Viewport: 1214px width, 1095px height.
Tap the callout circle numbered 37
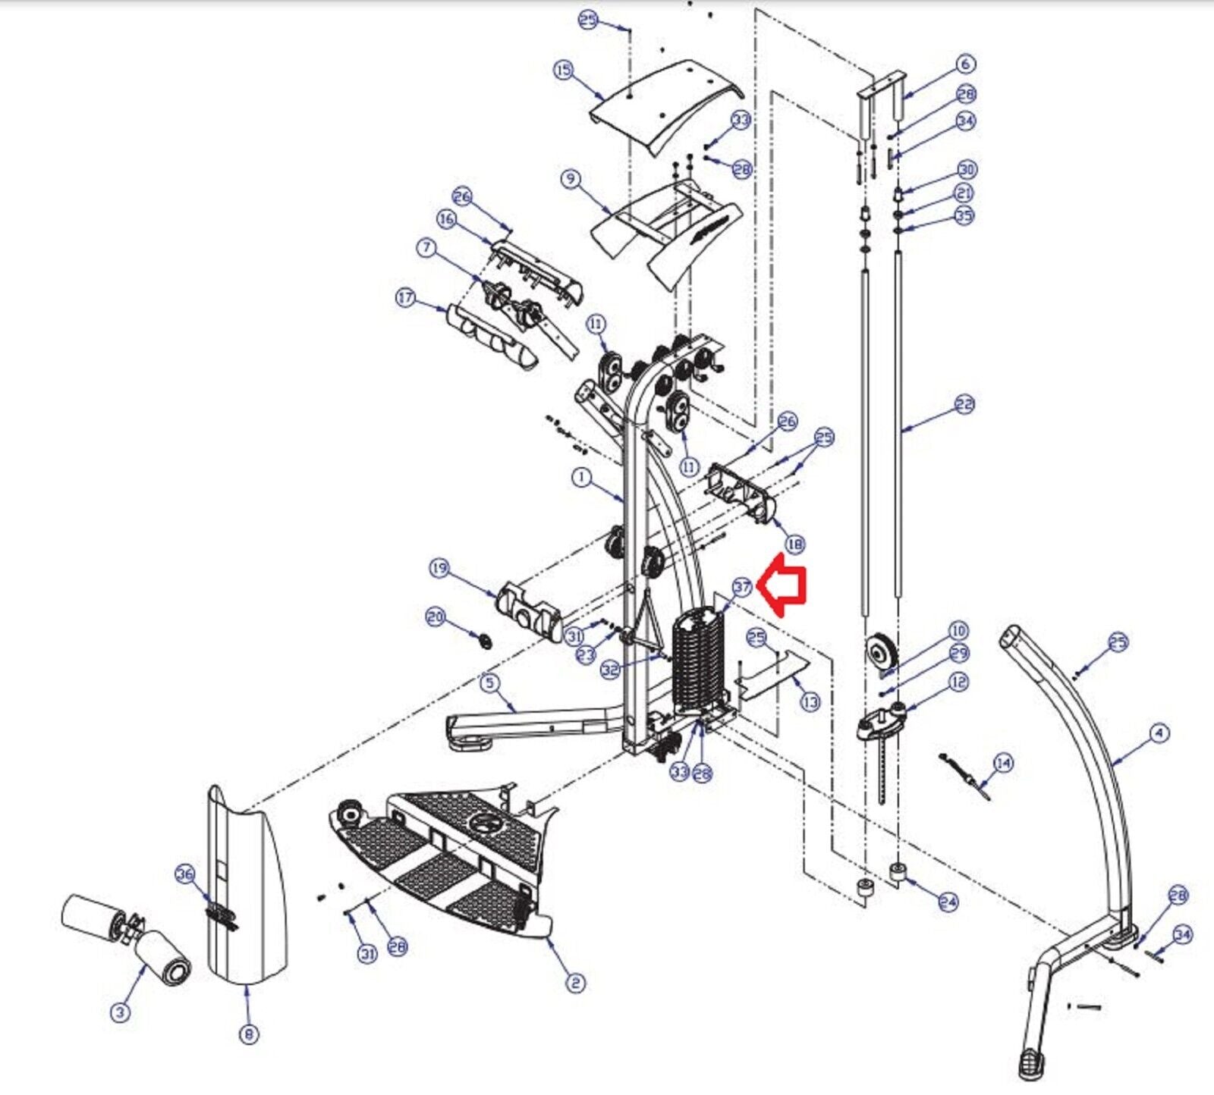pyautogui.click(x=742, y=587)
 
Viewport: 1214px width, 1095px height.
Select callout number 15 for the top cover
pyautogui.click(x=563, y=71)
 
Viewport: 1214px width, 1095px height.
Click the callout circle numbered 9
pyautogui.click(x=571, y=180)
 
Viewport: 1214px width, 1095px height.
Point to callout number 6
pyautogui.click(x=965, y=64)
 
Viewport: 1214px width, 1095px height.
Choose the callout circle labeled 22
pyautogui.click(x=964, y=405)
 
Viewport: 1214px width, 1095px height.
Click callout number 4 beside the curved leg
pyautogui.click(x=1159, y=733)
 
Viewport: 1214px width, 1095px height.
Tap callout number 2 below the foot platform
pyautogui.click(x=576, y=984)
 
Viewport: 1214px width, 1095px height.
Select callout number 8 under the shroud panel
pyautogui.click(x=249, y=1034)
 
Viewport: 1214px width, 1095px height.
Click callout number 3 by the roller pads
pyautogui.click(x=120, y=1012)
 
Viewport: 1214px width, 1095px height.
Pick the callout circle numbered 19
pyautogui.click(x=439, y=568)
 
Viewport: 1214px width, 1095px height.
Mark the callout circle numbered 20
pyautogui.click(x=435, y=617)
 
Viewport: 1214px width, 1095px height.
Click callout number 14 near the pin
pyautogui.click(x=1003, y=762)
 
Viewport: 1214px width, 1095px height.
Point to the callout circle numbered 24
pyautogui.click(x=948, y=902)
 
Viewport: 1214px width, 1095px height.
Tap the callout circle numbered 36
pyautogui.click(x=185, y=874)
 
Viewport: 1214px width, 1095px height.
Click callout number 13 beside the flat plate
pyautogui.click(x=810, y=702)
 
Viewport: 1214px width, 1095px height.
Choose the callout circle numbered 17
pyautogui.click(x=406, y=298)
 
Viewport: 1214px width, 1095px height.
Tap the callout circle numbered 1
pyautogui.click(x=581, y=477)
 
